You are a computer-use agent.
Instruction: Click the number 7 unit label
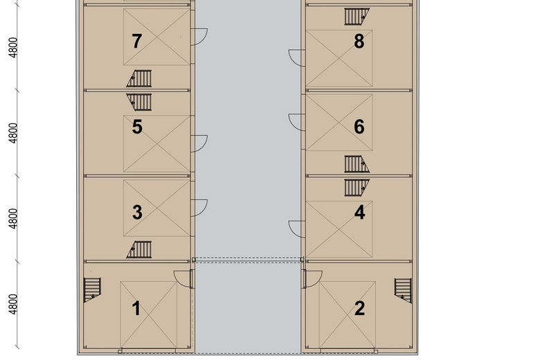pyautogui.click(x=136, y=42)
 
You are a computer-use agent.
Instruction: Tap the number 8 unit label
pyautogui.click(x=359, y=42)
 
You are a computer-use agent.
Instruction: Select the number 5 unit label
pyautogui.click(x=137, y=127)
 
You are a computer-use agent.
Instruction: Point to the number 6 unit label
pyautogui.click(x=359, y=127)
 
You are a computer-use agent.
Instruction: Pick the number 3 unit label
pyautogui.click(x=137, y=213)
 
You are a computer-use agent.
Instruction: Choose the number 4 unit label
pyautogui.click(x=359, y=213)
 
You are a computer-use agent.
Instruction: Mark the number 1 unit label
pyautogui.click(x=136, y=308)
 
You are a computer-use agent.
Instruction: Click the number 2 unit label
pyautogui.click(x=359, y=308)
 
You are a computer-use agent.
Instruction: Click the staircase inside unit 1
pyautogui.click(x=92, y=289)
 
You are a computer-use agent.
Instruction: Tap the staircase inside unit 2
pyautogui.click(x=403, y=289)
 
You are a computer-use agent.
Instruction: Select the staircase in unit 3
pyautogui.click(x=140, y=249)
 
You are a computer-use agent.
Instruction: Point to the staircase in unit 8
pyautogui.click(x=357, y=16)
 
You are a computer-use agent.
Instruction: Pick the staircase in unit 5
pyautogui.click(x=140, y=102)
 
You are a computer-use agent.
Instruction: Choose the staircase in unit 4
pyautogui.click(x=357, y=187)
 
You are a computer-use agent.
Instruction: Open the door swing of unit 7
pyautogui.click(x=199, y=36)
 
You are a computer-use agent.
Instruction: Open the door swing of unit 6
pyautogui.click(x=296, y=122)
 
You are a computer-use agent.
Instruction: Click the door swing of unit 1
pyautogui.click(x=183, y=278)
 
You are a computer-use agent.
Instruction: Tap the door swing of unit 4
pyautogui.click(x=296, y=228)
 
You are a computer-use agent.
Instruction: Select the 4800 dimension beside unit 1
pyautogui.click(x=13, y=304)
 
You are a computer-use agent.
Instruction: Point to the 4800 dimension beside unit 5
pyautogui.click(x=13, y=133)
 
